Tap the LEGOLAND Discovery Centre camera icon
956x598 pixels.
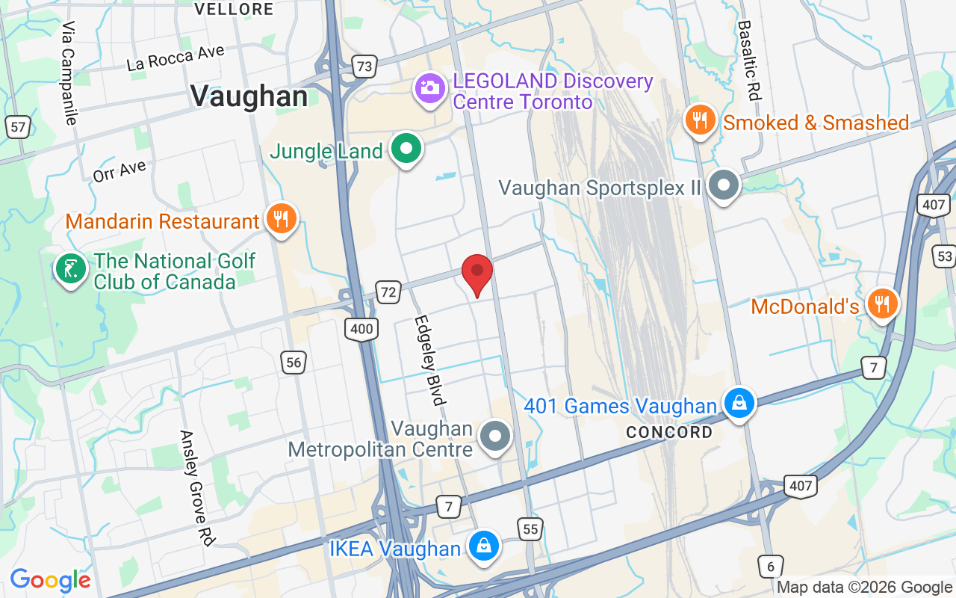tap(429, 87)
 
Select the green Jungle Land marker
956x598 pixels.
tap(406, 149)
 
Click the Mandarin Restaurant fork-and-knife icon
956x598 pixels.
tap(281, 219)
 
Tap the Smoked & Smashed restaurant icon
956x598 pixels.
tap(700, 120)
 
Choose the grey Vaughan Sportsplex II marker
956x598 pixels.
tap(723, 185)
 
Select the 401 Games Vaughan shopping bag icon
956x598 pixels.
tap(739, 404)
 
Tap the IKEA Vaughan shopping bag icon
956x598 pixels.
tap(484, 546)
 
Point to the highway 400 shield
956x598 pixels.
tap(361, 328)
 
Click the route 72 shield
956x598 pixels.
tap(388, 292)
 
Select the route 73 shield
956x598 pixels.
tap(364, 67)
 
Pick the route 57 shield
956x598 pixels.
tap(19, 127)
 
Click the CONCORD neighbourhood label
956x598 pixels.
tap(669, 433)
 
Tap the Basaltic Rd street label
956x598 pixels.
tap(749, 60)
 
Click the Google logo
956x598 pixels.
tap(50, 580)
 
